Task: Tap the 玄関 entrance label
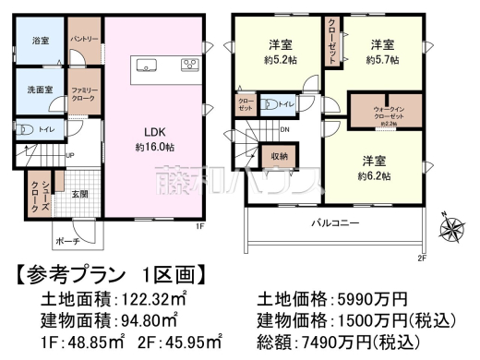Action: pos(80,195)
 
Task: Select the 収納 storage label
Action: pos(280,157)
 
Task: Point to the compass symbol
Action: pos(452,225)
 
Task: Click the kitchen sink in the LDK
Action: pos(149,65)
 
